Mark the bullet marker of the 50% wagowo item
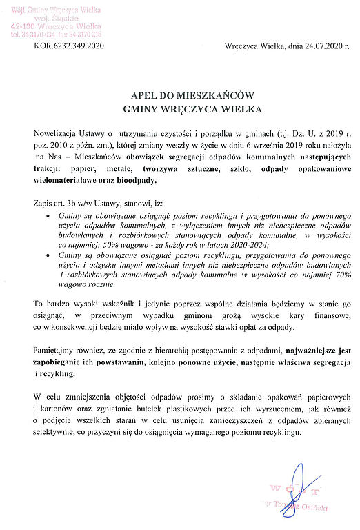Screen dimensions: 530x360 point(46,216)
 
